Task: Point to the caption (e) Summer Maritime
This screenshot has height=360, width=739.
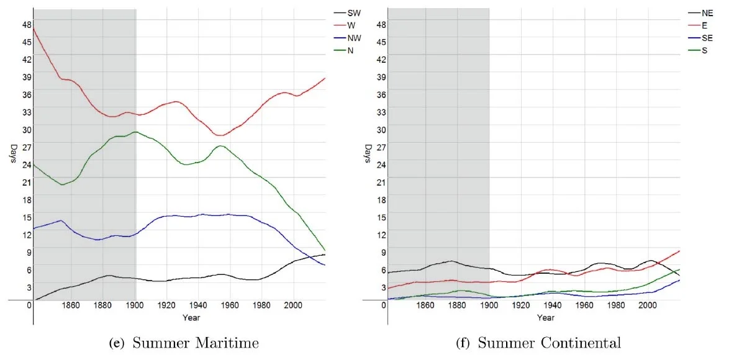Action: point(182,343)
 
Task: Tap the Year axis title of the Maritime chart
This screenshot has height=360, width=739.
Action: point(191,318)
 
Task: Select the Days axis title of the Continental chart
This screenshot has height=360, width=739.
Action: point(368,154)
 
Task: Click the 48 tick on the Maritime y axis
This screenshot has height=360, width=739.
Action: point(27,24)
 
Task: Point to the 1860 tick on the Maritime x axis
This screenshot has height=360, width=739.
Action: point(71,305)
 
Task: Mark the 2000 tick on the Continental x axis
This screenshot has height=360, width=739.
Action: point(647,305)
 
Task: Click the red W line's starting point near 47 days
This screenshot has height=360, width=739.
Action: point(34,28)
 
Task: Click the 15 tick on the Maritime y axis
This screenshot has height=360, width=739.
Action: point(27,217)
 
